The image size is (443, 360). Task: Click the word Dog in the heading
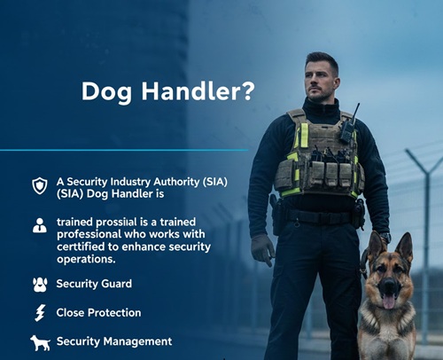point(103,90)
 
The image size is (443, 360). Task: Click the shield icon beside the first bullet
point(39,185)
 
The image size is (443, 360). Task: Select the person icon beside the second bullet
point(39,227)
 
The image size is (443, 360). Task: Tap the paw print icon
point(39,285)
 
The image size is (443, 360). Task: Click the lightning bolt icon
point(39,313)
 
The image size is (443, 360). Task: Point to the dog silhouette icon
point(40,342)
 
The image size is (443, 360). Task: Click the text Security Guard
point(94,285)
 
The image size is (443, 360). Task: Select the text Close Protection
point(98,313)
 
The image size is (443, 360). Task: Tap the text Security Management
point(114,341)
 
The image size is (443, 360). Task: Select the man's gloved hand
point(263,249)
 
